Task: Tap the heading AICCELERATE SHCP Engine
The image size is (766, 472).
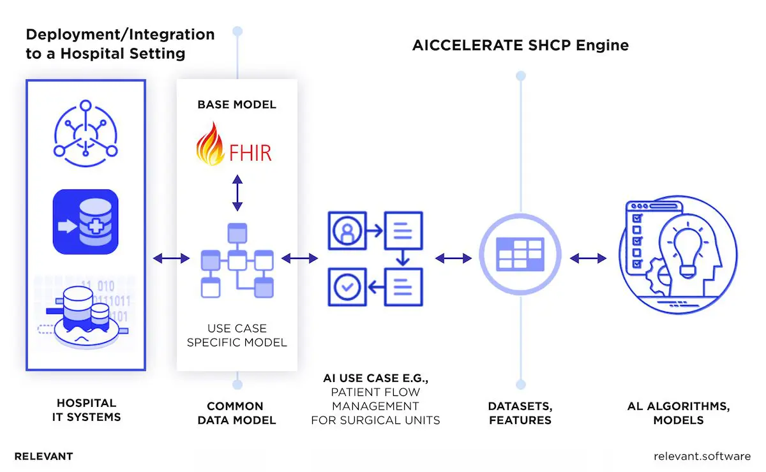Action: point(520,45)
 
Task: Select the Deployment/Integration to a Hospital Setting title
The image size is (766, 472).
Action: point(120,43)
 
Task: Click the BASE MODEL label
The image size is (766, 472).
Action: point(237,104)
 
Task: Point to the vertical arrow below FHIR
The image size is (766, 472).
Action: point(237,193)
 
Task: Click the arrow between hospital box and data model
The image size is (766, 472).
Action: point(171,258)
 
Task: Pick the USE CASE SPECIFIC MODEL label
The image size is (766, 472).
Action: point(237,336)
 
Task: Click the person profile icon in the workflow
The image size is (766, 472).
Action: point(347,230)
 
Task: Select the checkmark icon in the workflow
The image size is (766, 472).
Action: point(347,287)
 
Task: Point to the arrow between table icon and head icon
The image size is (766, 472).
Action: point(588,258)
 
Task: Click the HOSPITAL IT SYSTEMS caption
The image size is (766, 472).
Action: point(86,410)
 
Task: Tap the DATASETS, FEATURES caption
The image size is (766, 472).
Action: point(520,413)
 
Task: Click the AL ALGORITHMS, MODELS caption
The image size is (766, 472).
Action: point(679,413)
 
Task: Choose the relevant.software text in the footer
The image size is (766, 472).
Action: point(702,456)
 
